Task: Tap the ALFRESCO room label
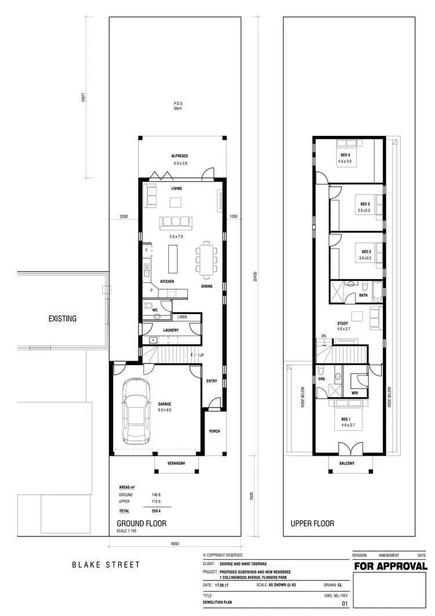pos(179,156)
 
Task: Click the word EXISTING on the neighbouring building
pos(63,318)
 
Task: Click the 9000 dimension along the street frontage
pos(175,543)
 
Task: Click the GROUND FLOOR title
pos(142,523)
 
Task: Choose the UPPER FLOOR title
pos(312,523)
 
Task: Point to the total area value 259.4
pos(156,511)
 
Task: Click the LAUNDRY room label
pos(171,330)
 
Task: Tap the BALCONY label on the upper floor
pos(347,463)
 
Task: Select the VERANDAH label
pos(175,463)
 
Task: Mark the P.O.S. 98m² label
pos(178,106)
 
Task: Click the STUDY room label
pos(342,323)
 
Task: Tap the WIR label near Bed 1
pos(354,392)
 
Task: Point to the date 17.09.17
pos(226,585)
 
